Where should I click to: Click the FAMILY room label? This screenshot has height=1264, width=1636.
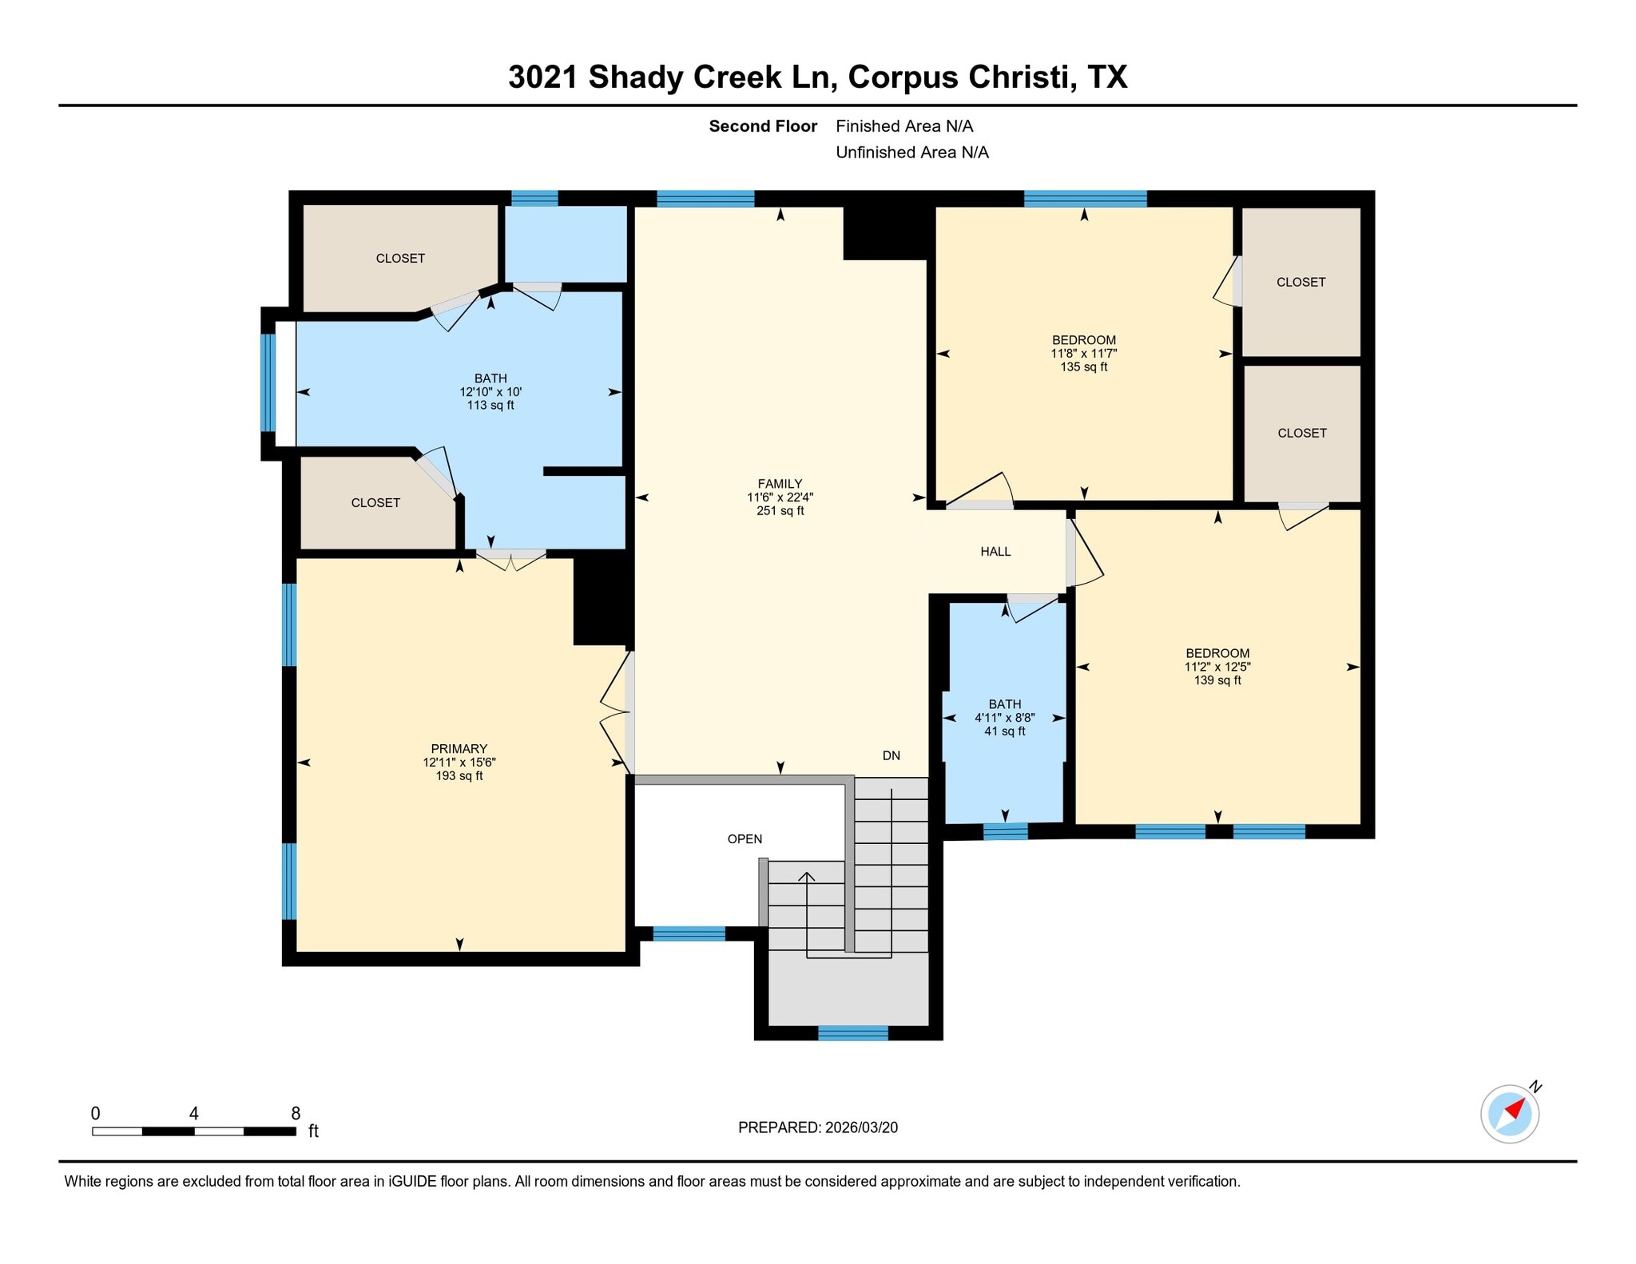[780, 483]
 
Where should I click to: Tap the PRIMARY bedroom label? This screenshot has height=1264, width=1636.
[459, 748]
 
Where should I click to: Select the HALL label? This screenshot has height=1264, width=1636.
[995, 551]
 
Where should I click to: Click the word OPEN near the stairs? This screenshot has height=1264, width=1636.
[745, 838]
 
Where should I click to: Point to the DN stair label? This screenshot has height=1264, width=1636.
[891, 755]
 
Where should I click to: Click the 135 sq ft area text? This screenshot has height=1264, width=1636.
[1083, 367]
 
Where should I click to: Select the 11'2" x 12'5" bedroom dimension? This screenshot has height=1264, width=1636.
[1217, 667]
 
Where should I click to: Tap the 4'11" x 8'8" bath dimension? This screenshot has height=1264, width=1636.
[1004, 718]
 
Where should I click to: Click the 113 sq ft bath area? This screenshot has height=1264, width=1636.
[490, 406]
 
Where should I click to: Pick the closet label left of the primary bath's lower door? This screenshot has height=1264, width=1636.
[375, 502]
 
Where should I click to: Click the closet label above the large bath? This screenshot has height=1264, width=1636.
[400, 258]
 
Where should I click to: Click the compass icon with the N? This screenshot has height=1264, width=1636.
[1510, 1113]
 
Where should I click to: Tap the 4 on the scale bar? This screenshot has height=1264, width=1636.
[193, 1113]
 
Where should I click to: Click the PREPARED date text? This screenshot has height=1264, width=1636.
[817, 1127]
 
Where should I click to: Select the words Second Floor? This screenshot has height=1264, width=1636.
[763, 126]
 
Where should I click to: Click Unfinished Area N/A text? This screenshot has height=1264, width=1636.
[911, 153]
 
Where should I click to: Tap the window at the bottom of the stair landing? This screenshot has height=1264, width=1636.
[852, 1032]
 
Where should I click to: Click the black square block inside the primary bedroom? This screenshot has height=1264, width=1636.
[602, 600]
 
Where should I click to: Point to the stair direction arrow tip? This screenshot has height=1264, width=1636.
[807, 875]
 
